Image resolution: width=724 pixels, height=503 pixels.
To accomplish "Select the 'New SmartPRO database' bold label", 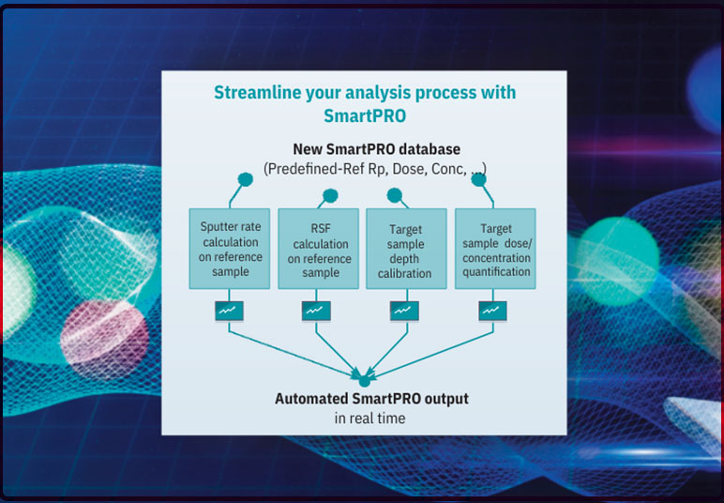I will [364, 149].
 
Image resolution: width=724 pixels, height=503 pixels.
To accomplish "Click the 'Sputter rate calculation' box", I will [230, 249].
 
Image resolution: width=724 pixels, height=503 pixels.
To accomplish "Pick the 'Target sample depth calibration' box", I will [404, 249].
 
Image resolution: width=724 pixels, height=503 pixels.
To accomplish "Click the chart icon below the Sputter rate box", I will [228, 310].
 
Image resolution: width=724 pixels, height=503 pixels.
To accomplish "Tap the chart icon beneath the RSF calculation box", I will [314, 310].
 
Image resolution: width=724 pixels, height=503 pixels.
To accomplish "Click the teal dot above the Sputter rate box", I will [246, 179].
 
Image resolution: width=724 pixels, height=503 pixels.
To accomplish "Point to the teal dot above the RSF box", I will [330, 196].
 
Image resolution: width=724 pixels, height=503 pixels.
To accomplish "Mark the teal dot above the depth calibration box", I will [395, 195].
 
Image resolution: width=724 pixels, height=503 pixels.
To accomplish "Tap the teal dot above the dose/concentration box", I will [478, 178].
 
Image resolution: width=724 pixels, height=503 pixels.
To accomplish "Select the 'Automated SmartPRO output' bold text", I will [371, 399].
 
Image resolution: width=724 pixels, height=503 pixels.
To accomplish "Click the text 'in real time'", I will [370, 419].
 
